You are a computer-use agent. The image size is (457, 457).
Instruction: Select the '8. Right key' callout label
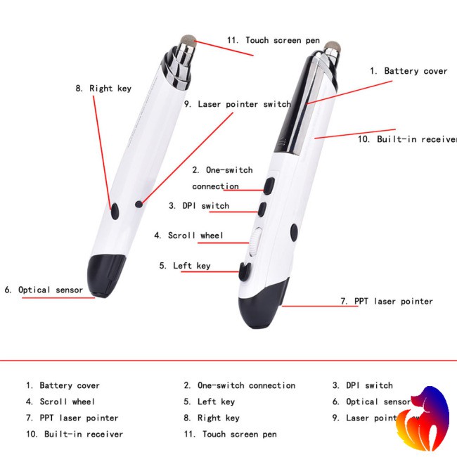[x=103, y=89]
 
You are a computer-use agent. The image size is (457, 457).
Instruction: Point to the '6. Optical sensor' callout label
[x=44, y=290]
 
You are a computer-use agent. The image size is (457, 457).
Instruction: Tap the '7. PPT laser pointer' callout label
[x=386, y=301]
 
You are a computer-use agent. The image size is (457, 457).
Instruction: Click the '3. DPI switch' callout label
[x=199, y=206]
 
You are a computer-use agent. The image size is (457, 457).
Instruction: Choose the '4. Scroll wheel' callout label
[x=188, y=236]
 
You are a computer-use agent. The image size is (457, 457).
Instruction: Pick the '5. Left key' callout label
[x=185, y=266]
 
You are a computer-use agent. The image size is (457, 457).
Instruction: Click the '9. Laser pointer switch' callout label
[x=237, y=104]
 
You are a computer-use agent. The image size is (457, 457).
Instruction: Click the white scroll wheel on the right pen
[x=255, y=242]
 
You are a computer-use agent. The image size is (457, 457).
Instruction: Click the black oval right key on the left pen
[x=114, y=210]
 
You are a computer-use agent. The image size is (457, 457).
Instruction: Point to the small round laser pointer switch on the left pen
[x=139, y=204]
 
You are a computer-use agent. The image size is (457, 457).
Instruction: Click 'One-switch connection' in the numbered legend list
[x=239, y=385]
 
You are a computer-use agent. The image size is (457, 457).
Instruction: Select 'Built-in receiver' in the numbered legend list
[x=75, y=435]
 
